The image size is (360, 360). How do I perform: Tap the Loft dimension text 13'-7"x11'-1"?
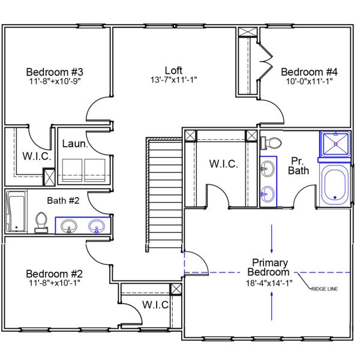pos(174,80)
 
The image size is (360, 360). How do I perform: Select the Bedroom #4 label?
pos(306,70)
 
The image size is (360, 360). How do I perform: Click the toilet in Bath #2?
pos(41,222)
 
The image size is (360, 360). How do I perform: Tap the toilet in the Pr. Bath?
pos(271,143)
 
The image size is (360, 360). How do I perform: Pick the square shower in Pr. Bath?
pos(335,144)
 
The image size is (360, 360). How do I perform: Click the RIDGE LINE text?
pos(325,289)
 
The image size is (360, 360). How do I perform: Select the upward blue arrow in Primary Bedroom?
pos(273,304)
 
